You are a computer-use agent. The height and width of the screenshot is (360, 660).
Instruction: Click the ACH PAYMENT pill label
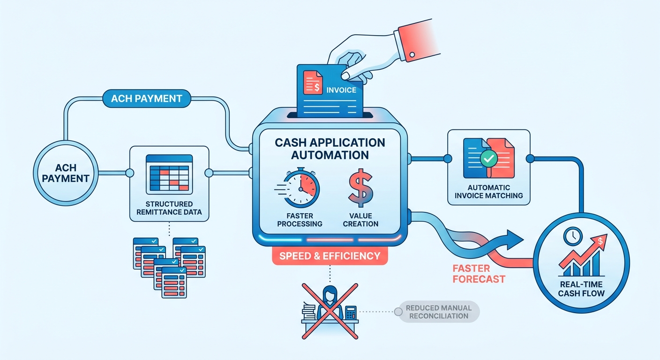point(147,98)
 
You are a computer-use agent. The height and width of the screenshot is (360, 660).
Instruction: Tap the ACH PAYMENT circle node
point(66,173)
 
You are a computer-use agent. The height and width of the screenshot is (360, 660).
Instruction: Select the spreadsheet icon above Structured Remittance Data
point(169,174)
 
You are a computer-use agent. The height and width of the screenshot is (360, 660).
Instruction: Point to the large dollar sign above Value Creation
point(360,187)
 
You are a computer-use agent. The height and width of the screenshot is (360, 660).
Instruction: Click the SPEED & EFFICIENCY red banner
point(330,256)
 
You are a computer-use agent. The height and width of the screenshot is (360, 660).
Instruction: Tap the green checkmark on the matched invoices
point(489,158)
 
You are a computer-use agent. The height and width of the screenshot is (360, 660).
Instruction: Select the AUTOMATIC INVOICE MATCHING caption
point(488,192)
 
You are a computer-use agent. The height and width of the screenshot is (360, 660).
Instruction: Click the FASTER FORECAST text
point(479,274)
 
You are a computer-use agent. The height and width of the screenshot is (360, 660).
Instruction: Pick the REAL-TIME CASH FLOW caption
point(581,289)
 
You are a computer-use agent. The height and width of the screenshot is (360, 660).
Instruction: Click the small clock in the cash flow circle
point(573,236)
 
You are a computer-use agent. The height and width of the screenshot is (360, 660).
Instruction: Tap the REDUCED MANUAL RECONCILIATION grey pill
point(438,312)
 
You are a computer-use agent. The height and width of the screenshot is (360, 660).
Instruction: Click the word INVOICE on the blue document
point(341,90)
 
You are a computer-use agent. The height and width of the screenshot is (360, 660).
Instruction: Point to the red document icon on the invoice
point(313,82)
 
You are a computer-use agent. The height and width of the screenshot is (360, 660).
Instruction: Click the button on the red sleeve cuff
point(412,54)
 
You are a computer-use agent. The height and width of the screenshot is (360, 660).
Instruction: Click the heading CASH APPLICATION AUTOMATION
point(330,149)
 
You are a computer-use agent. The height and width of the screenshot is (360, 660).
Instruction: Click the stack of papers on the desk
point(308,311)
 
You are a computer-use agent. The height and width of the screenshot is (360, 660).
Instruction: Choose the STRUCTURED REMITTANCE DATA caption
point(169,208)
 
